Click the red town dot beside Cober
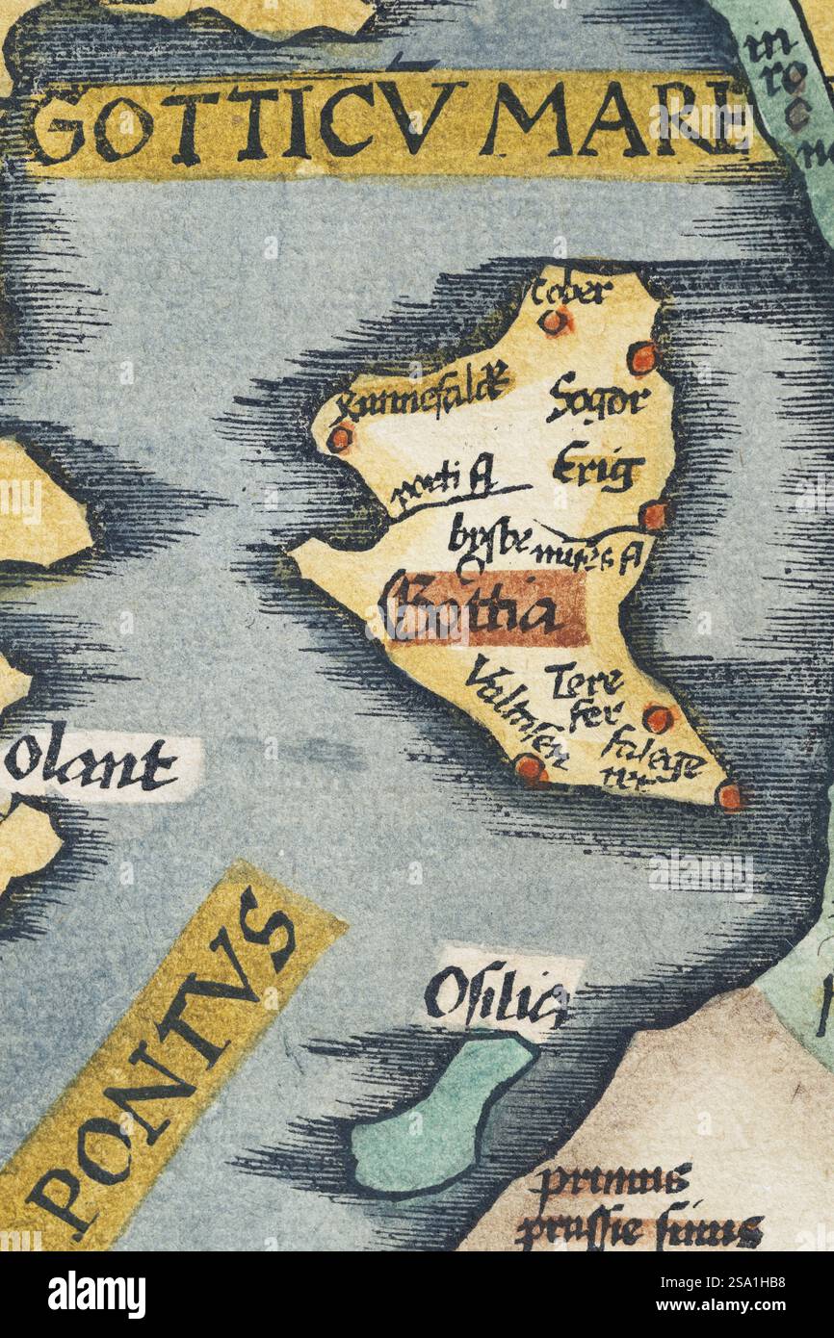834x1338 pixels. [555, 322]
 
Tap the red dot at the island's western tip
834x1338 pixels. [339, 438]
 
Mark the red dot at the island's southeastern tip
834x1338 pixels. [731, 796]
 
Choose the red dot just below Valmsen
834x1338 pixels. [529, 768]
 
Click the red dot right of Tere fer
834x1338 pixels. [658, 718]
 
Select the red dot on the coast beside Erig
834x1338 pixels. [654, 516]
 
